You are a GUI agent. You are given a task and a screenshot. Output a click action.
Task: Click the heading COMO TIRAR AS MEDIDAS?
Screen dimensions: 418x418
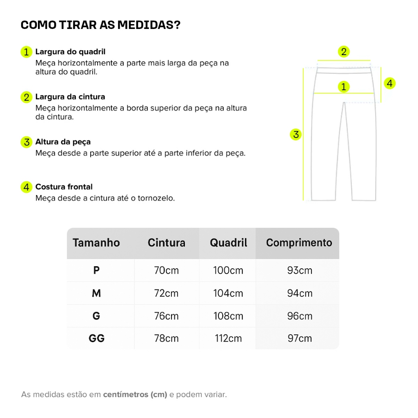[x=100, y=25]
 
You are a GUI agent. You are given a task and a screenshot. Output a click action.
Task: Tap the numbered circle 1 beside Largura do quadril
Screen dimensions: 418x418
[x=26, y=52]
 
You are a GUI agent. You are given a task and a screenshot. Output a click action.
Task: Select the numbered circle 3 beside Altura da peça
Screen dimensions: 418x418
[x=26, y=142]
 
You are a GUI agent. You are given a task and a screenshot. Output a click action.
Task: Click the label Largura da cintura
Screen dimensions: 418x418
[x=70, y=97]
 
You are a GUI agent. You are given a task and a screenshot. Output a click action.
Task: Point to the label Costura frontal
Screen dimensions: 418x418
[x=64, y=187]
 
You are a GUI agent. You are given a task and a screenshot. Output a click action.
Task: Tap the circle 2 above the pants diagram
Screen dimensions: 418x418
[x=344, y=52]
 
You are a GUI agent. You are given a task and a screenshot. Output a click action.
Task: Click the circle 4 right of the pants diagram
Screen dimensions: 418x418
[x=390, y=83]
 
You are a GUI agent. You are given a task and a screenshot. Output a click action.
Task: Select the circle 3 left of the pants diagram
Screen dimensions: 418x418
[x=296, y=134]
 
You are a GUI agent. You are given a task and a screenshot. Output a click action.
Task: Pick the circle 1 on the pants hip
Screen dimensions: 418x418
[x=344, y=87]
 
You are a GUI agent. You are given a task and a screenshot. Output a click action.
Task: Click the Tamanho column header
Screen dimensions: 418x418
[x=96, y=243]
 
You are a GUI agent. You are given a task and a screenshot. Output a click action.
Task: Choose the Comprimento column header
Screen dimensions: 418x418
[x=299, y=243]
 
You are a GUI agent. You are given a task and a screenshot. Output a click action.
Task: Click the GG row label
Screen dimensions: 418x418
[x=97, y=338]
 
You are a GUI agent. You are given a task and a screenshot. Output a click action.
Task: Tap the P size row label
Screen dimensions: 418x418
[x=97, y=270]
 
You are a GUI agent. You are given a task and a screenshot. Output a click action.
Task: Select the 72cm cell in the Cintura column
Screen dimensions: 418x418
[x=167, y=293]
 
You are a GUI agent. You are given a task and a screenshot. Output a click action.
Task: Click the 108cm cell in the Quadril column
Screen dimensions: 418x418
[x=228, y=316]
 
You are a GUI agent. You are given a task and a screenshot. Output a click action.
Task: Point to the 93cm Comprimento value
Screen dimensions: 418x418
[x=300, y=270]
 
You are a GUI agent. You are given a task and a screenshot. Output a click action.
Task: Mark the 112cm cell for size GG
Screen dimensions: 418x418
[x=228, y=338]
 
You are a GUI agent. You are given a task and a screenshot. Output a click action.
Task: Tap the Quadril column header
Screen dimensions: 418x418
[x=229, y=243]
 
